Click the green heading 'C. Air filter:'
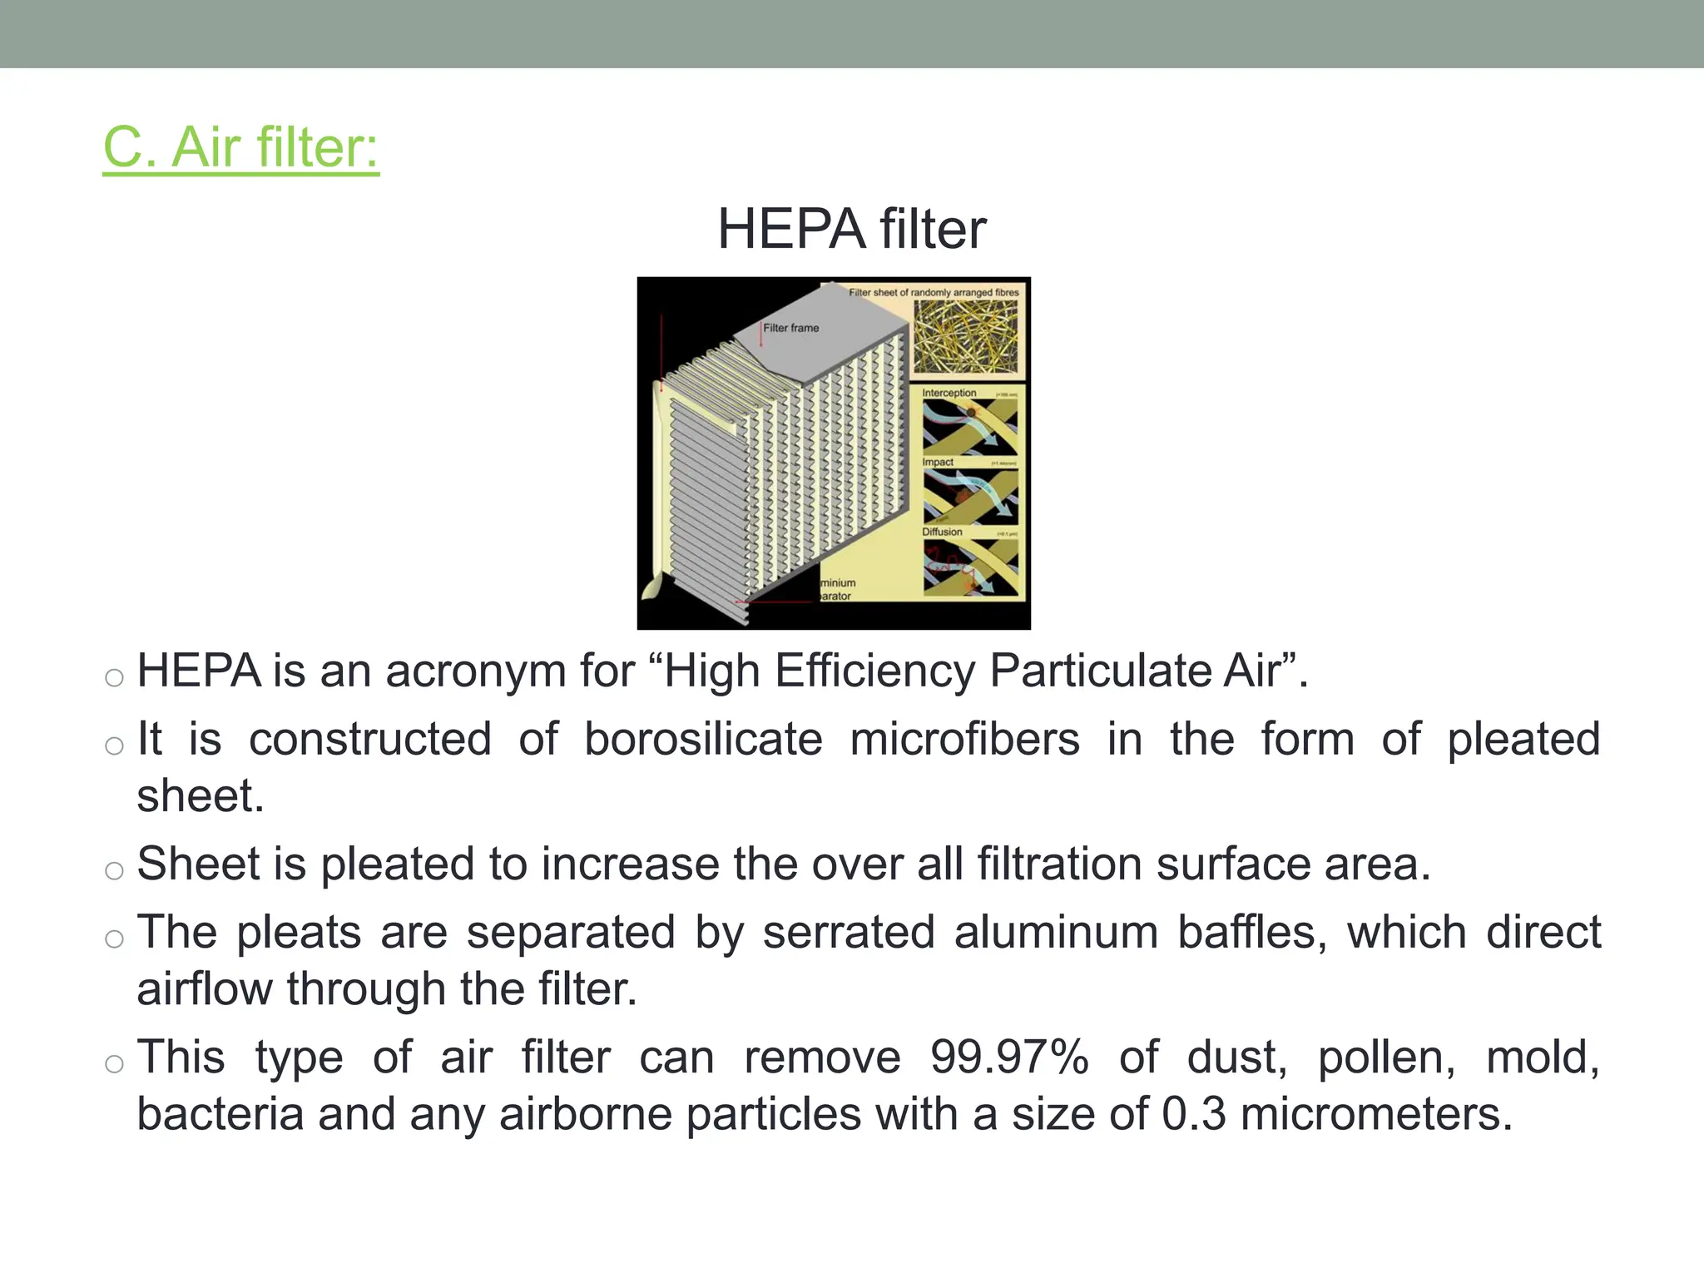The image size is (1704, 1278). (x=240, y=147)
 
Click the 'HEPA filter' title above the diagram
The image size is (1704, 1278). (x=851, y=229)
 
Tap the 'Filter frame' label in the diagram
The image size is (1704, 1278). (x=790, y=328)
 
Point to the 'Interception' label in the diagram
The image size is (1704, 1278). (x=949, y=393)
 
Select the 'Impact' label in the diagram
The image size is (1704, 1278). (x=937, y=462)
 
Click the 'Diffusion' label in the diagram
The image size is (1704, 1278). (x=942, y=532)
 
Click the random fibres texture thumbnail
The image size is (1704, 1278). (x=965, y=337)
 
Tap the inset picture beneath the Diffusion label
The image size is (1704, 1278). (x=970, y=567)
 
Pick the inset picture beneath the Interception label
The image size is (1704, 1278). (x=970, y=427)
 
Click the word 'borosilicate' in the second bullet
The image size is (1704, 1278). (x=703, y=739)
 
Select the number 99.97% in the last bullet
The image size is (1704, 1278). (x=1009, y=1058)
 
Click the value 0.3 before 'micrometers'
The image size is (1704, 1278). (x=1193, y=1114)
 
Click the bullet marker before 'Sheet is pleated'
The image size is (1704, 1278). (x=114, y=871)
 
